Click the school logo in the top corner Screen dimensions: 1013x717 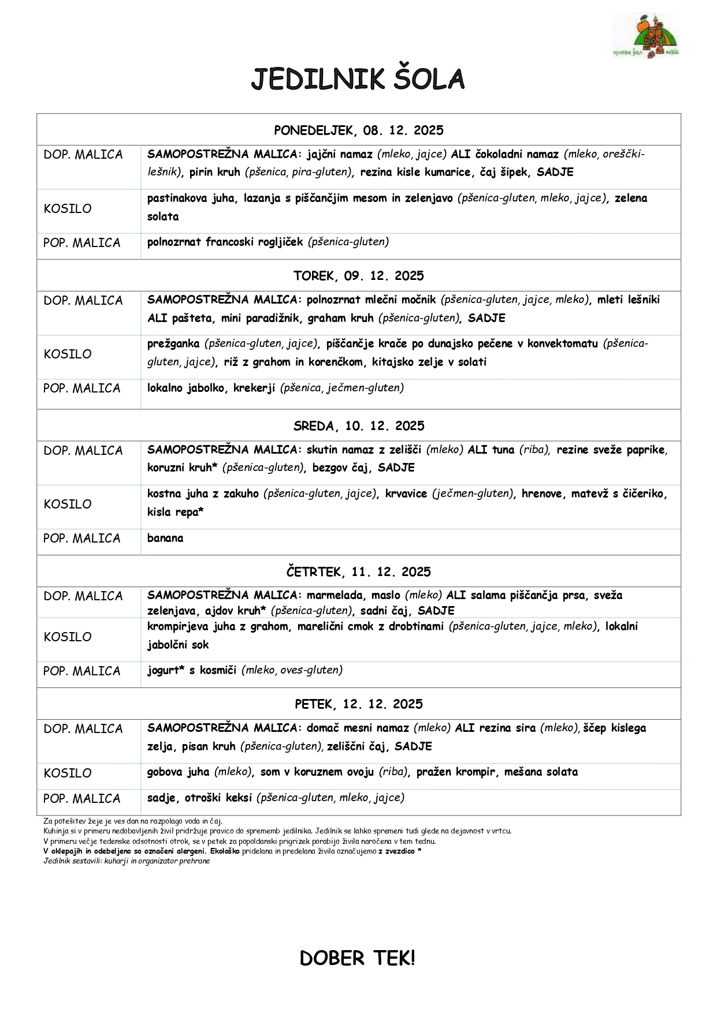646,36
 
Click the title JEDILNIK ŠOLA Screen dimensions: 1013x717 358,79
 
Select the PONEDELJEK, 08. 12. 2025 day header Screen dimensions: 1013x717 358,130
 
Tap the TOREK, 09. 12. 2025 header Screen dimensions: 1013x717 358,276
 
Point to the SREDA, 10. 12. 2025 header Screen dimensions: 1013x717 358,426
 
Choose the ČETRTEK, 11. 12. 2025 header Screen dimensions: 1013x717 358,572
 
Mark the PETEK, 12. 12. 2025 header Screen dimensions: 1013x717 358,704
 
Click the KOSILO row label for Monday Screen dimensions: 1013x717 68,209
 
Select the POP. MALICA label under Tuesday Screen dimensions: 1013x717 82,388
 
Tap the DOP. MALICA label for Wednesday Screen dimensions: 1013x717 83,451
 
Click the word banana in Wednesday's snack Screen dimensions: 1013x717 165,538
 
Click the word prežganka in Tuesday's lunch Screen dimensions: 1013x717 173,344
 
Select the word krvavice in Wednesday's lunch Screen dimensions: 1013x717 406,494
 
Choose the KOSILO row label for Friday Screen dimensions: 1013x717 68,773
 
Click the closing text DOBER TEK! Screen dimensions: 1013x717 358,959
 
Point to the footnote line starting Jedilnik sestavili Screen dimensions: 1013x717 127,861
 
